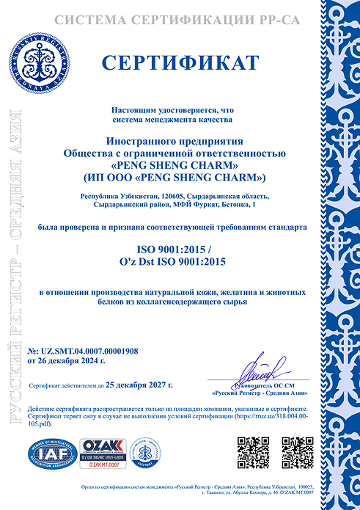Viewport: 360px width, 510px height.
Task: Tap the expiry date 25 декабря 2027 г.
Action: [140, 385]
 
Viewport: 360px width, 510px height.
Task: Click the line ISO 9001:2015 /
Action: [180, 250]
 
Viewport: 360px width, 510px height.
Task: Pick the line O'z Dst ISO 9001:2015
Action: [180, 262]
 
